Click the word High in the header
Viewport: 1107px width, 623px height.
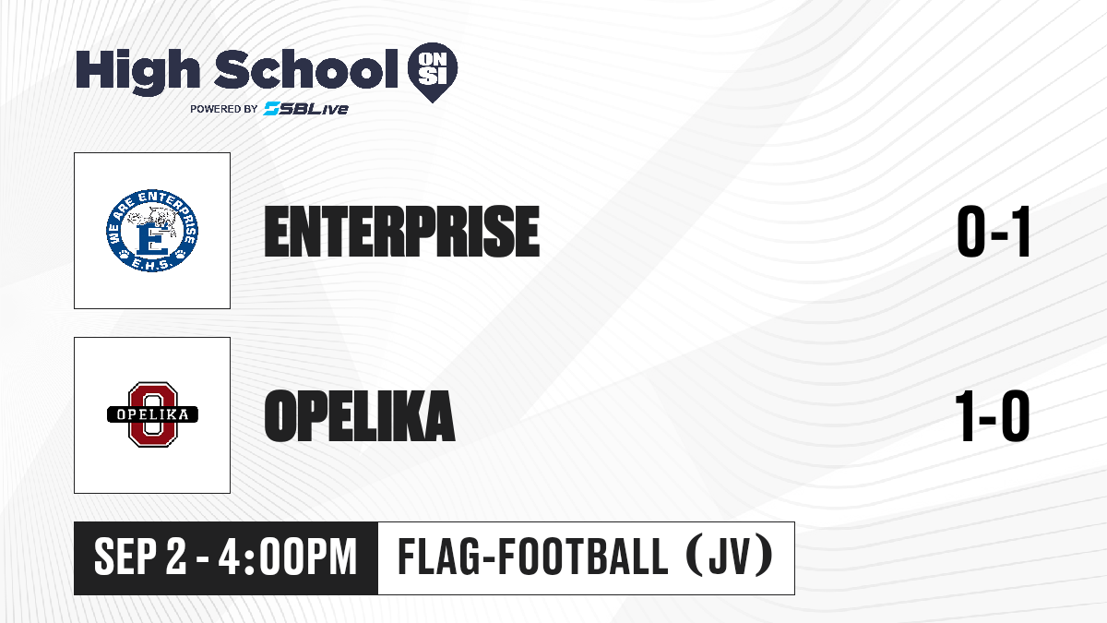137,71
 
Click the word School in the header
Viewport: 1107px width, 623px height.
306,69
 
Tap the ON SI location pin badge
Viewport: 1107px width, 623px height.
433,72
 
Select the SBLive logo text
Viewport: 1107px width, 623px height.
306,108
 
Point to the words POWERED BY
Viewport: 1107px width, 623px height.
224,109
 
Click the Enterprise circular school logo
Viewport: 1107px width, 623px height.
152,231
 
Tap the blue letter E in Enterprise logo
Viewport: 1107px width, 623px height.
151,240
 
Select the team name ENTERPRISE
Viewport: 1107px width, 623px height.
402,232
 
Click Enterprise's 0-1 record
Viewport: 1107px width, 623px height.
994,232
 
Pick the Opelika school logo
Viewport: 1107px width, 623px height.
153,414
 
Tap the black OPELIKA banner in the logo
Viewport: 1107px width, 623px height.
153,414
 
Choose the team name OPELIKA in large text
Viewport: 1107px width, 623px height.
359,415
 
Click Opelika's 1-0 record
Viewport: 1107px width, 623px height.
993,415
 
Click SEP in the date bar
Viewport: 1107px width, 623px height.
125,557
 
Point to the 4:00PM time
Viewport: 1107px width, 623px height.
288,557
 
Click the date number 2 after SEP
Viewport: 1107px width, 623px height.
176,557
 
